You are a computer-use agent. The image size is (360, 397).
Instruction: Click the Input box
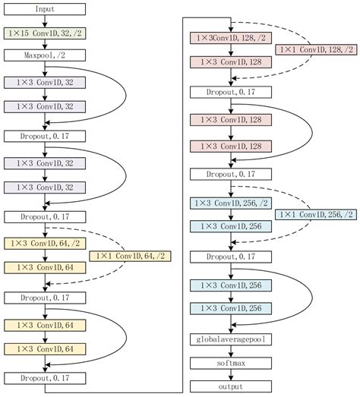[45, 9]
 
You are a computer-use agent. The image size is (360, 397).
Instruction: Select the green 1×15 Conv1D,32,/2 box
[45, 33]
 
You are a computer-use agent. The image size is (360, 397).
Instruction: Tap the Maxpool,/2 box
[45, 55]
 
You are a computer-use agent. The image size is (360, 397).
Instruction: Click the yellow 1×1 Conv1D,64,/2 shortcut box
[130, 257]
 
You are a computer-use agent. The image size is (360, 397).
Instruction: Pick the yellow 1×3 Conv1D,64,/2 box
[45, 244]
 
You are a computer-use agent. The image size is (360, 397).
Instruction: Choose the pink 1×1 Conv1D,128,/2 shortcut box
[316, 49]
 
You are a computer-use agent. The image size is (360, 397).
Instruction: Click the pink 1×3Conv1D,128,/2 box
[231, 38]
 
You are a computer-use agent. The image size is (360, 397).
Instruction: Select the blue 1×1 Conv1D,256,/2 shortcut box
[316, 215]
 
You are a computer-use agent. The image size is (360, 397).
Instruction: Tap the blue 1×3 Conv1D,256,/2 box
[231, 203]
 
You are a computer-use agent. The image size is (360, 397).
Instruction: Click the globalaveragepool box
[231, 339]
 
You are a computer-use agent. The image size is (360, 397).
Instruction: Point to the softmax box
[231, 364]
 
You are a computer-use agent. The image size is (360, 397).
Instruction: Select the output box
[231, 386]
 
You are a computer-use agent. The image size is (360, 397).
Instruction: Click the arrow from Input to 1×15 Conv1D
[45, 21]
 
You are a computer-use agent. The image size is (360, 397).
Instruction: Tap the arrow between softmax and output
[231, 375]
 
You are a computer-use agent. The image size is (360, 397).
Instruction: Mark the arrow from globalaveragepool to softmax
[231, 351]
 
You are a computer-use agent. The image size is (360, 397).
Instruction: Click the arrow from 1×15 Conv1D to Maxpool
[45, 45]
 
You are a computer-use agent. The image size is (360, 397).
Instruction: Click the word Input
[45, 9]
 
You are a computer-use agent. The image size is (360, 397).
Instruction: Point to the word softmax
[231, 364]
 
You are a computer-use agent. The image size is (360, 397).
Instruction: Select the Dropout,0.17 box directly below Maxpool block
[45, 136]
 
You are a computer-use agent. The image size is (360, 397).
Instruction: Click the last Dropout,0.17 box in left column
[45, 378]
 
